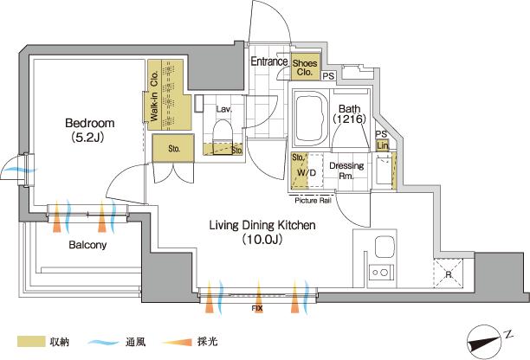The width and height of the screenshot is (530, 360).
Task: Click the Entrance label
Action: (269, 62)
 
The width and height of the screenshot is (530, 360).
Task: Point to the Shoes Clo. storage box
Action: (305, 67)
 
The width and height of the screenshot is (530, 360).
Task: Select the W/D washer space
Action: (303, 173)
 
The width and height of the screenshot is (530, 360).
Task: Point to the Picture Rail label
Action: (313, 201)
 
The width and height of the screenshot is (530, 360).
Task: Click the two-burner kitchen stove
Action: (379, 273)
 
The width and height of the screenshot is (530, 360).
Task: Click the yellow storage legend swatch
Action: (29, 342)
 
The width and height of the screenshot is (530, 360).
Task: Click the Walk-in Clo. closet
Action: (165, 95)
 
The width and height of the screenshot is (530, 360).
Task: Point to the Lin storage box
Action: (382, 145)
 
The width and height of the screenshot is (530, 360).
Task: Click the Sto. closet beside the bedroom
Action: (173, 149)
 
